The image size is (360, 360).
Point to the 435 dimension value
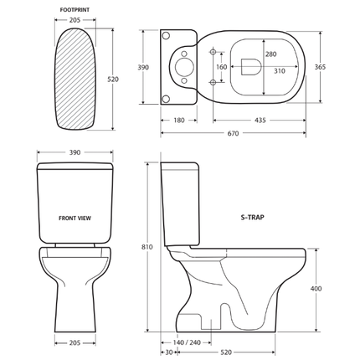pyautogui.click(x=260, y=121)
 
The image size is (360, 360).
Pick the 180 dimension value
pyautogui.click(x=178, y=121)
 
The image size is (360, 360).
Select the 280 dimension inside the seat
pyautogui.click(x=270, y=54)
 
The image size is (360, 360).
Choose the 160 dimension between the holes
pyautogui.click(x=221, y=67)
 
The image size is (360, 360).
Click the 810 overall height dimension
pyautogui.click(x=147, y=247)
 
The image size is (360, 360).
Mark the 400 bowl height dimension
pyautogui.click(x=315, y=288)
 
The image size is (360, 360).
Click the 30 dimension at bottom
pyautogui.click(x=169, y=352)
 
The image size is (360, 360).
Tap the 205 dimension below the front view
pyautogui.click(x=75, y=342)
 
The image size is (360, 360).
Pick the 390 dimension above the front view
pyautogui.click(x=75, y=153)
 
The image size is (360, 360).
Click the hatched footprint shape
pyautogui.click(x=75, y=79)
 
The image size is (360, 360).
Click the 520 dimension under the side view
pyautogui.click(x=249, y=352)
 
